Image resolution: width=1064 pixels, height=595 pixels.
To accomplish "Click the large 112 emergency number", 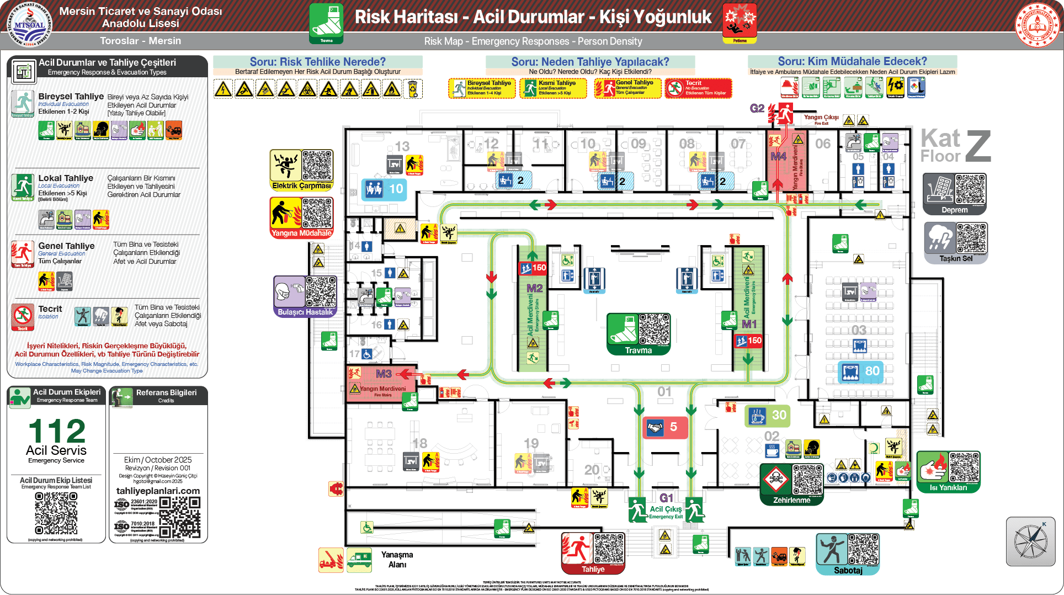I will [x=57, y=431].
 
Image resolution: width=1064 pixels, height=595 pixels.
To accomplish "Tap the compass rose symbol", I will [x=1030, y=541].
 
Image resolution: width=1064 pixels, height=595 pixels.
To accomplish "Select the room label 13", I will [x=402, y=146].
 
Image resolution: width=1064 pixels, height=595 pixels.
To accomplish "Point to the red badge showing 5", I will [x=665, y=427].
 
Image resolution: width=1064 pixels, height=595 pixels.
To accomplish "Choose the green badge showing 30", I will [x=768, y=415].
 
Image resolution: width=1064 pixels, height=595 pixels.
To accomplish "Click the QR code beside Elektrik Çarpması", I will [x=317, y=165].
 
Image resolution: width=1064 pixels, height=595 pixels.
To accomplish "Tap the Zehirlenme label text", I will [x=791, y=500].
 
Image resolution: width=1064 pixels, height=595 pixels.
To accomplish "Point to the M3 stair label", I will [x=384, y=374].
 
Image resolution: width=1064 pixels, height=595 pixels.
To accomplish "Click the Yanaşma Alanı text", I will [x=397, y=559].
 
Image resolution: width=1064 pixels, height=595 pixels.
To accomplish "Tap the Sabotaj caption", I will [x=848, y=570].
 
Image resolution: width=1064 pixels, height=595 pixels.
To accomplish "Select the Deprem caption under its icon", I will [x=954, y=210].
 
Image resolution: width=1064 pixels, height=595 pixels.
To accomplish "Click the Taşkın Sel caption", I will [x=956, y=258].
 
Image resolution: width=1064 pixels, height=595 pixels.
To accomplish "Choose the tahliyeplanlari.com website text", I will [x=158, y=491].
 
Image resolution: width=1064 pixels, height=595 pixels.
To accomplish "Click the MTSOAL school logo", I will [x=29, y=25].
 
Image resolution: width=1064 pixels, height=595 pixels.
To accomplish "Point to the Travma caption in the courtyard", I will [x=639, y=350].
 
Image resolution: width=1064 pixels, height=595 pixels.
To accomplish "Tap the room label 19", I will [x=531, y=444].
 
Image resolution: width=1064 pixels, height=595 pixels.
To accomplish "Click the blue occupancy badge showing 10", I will [x=384, y=189].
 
